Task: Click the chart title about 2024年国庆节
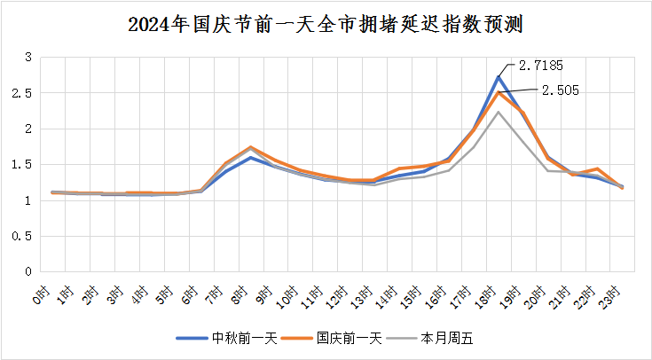click(326, 24)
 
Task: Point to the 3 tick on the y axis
click(28, 58)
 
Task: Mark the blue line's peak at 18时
click(499, 76)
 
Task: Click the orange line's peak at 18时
click(499, 92)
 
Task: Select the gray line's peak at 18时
click(499, 112)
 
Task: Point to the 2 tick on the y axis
click(28, 129)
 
